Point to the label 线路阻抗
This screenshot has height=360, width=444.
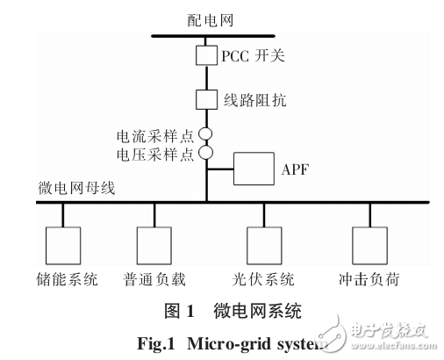[256, 100]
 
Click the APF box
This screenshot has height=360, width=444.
[254, 168]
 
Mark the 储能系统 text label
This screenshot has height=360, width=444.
[66, 281]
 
